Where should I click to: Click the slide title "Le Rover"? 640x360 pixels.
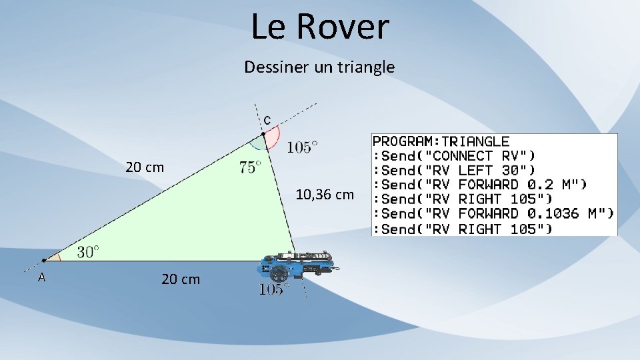pyautogui.click(x=320, y=27)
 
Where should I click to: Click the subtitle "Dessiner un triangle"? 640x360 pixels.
pyautogui.click(x=319, y=67)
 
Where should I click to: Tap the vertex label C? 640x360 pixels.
pyautogui.click(x=267, y=121)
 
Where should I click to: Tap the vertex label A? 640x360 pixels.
pyautogui.click(x=41, y=277)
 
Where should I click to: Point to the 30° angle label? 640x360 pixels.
pyautogui.click(x=88, y=251)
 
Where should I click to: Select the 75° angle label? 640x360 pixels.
pyautogui.click(x=249, y=167)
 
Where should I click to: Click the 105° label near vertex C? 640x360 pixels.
pyautogui.click(x=302, y=147)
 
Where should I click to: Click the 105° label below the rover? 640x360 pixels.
pyautogui.click(x=273, y=289)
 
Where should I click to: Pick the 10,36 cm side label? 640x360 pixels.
pyautogui.click(x=325, y=195)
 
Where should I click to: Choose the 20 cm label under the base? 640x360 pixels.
pyautogui.click(x=180, y=279)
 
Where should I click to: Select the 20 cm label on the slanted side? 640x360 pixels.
pyautogui.click(x=145, y=167)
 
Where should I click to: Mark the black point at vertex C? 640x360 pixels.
pyautogui.click(x=263, y=134)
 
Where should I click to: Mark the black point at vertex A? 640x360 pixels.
pyautogui.click(x=44, y=260)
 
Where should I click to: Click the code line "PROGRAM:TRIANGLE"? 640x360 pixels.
pyautogui.click(x=441, y=141)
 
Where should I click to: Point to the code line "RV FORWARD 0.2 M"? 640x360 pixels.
pyautogui.click(x=479, y=185)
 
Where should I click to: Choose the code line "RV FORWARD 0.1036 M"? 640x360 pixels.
pyautogui.click(x=493, y=214)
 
